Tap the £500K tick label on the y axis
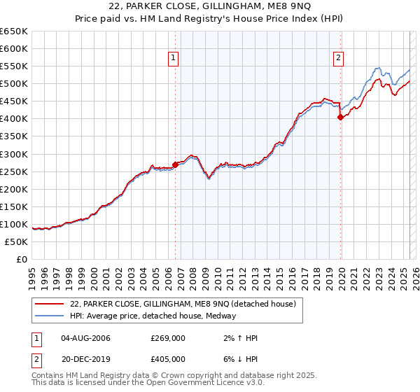pyautogui.click(x=14, y=84)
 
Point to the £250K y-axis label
pyautogui.click(x=14, y=171)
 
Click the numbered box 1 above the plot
pyautogui.click(x=173, y=59)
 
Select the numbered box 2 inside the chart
pyautogui.click(x=338, y=59)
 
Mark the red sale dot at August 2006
pyautogui.click(x=175, y=164)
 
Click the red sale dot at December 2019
pyautogui.click(x=341, y=117)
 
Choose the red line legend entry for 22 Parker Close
pyautogui.click(x=183, y=304)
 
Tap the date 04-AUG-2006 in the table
pyautogui.click(x=86, y=338)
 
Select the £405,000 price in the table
pyautogui.click(x=168, y=359)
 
